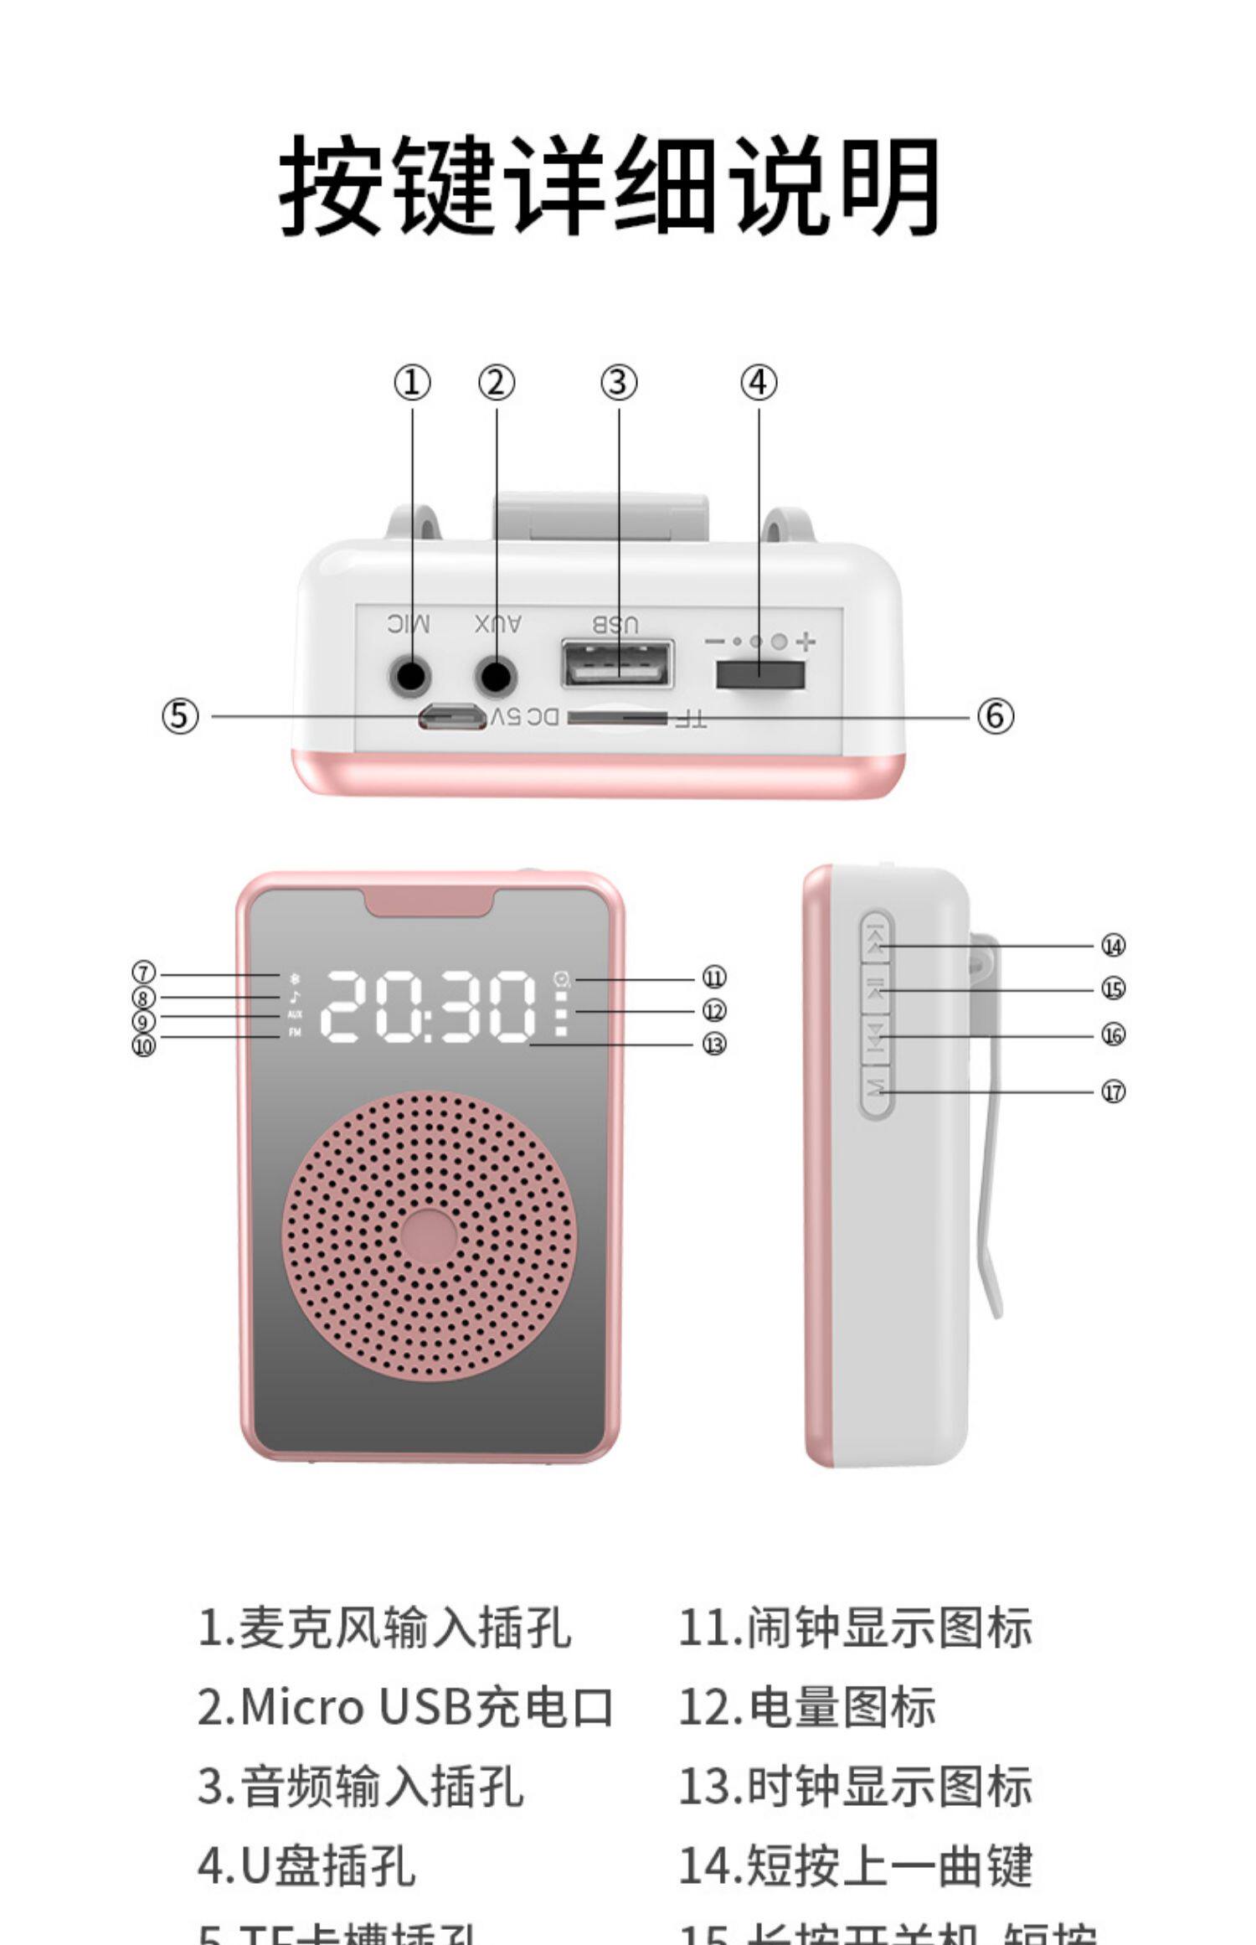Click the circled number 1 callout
[x=412, y=384]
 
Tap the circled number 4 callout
[x=759, y=383]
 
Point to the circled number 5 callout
[x=180, y=716]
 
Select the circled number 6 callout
[x=995, y=716]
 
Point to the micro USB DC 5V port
[x=452, y=717]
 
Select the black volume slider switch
[x=759, y=674]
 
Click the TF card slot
[x=617, y=718]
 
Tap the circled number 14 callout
[x=1112, y=946]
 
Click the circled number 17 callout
[x=1112, y=1091]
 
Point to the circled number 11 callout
[x=713, y=978]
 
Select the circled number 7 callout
[x=144, y=973]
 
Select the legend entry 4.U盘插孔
[x=306, y=1865]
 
